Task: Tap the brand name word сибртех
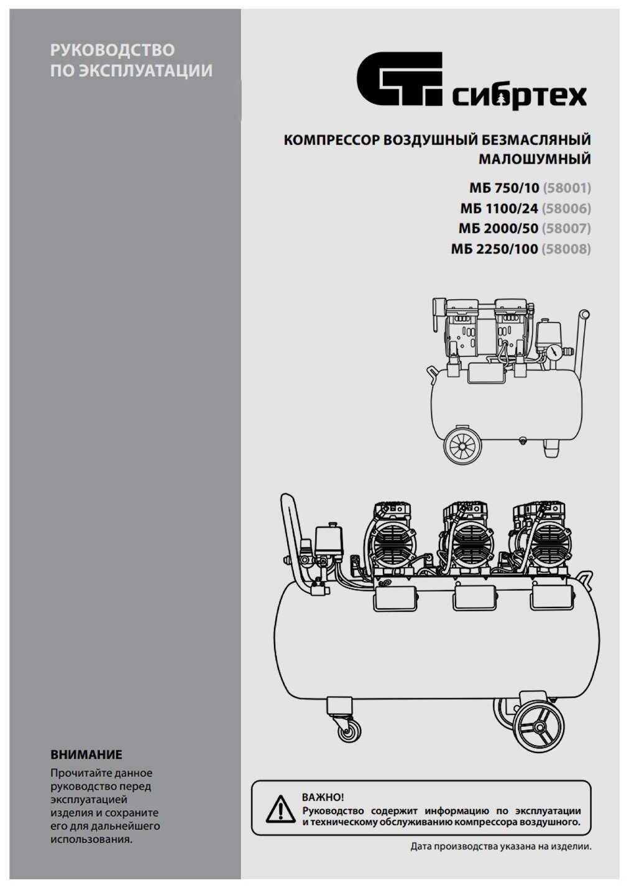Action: click(x=519, y=97)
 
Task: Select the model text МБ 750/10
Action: click(x=504, y=188)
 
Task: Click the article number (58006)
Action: click(x=566, y=208)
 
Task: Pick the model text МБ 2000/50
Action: click(x=498, y=228)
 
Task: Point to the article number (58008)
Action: click(x=566, y=249)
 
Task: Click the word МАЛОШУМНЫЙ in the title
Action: click(x=535, y=159)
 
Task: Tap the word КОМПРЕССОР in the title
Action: click(x=331, y=140)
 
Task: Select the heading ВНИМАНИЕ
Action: click(x=86, y=755)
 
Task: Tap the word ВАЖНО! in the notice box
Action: click(x=323, y=797)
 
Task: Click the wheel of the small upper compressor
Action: click(x=463, y=444)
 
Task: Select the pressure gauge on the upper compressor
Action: click(x=551, y=351)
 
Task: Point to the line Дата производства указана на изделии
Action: click(x=500, y=846)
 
